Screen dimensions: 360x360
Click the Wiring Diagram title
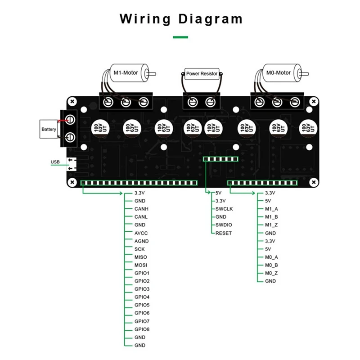pos(181,19)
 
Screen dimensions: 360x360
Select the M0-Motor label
pos(279,72)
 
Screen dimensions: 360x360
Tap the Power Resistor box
pos(202,73)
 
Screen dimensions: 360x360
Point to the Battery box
pos(49,129)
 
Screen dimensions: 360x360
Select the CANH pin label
pos(141,209)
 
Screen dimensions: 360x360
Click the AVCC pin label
pos(141,233)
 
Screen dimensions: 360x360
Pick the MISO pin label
pos(141,257)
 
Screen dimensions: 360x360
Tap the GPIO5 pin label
pos(142,305)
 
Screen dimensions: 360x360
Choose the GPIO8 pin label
pos(142,329)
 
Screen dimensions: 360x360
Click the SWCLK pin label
pos(224,209)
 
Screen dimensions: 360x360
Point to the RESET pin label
pos(223,233)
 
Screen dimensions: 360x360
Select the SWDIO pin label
pos(224,225)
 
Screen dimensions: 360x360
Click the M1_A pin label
pos(271,209)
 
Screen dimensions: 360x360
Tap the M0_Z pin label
pos(271,273)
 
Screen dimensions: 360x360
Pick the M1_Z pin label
pos(271,225)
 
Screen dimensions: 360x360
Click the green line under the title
pos(180,37)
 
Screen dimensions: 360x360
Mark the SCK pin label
pos(139,249)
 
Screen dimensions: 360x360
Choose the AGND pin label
pos(141,241)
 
